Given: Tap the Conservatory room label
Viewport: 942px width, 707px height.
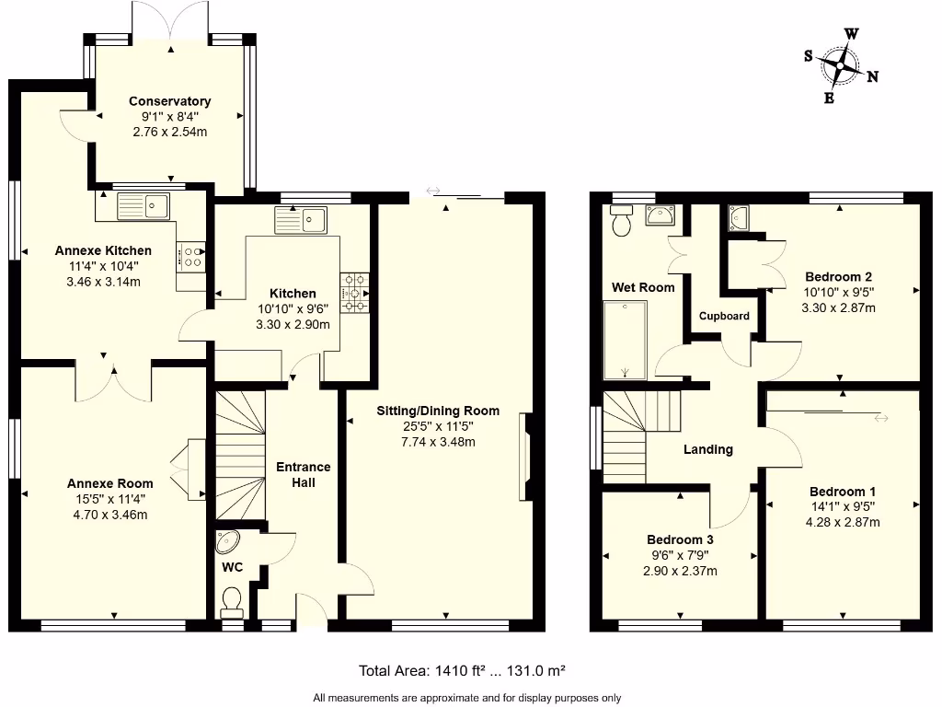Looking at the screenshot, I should tap(169, 101).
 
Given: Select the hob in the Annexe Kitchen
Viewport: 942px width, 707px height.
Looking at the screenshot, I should tap(191, 256).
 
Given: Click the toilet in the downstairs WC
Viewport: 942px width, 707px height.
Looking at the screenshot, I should tap(231, 602).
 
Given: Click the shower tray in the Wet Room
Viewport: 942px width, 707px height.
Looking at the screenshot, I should tap(625, 340).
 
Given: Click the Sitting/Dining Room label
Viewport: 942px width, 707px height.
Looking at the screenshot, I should tap(438, 411).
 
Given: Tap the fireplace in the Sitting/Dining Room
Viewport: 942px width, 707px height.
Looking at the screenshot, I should tap(526, 458).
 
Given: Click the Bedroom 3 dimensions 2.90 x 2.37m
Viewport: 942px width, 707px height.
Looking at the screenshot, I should tap(680, 571).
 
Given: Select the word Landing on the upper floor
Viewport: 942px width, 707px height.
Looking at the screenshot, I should tap(707, 449).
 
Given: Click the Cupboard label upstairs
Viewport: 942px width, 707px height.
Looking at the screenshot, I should tap(724, 316).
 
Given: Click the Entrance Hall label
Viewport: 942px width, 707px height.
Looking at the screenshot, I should tap(303, 474).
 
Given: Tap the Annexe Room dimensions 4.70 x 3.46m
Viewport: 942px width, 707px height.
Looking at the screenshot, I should tap(109, 515).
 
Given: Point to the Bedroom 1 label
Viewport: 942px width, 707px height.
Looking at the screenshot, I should tap(843, 492).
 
